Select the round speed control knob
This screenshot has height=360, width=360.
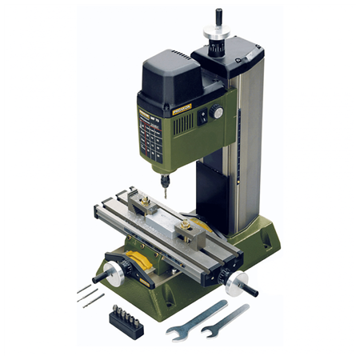point(216,113)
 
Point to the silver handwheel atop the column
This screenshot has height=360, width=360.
point(217,35)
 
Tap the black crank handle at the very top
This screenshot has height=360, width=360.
point(218,16)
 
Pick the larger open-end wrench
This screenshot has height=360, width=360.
point(195,320)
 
